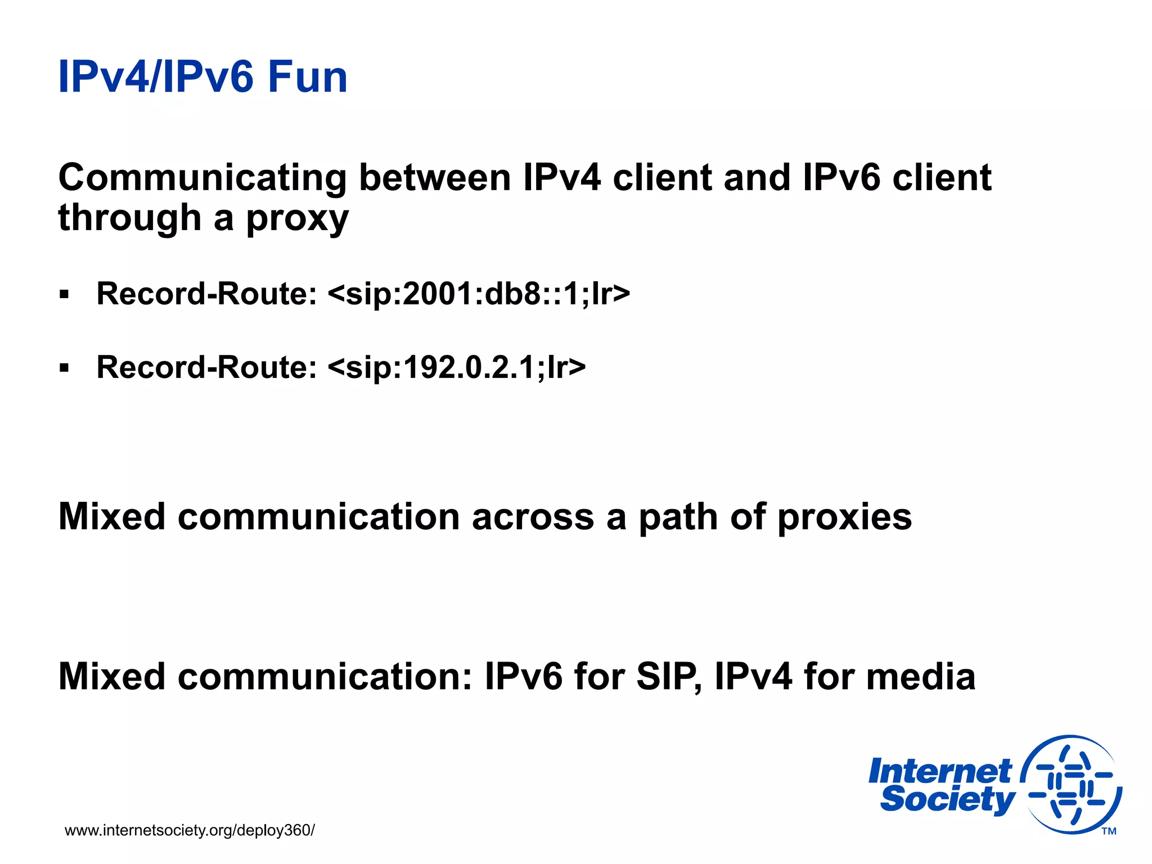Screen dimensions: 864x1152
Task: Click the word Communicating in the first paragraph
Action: [202, 178]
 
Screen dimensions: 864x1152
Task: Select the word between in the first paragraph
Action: [434, 178]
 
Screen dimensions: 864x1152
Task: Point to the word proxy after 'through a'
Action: [298, 218]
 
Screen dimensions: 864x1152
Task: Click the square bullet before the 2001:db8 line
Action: [64, 295]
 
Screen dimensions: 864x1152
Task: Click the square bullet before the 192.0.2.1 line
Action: [64, 368]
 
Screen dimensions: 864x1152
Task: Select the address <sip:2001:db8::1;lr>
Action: [478, 294]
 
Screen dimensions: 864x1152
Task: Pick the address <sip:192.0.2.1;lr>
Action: [456, 367]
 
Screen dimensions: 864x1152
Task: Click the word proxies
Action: [844, 517]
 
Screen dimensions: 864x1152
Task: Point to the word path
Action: [678, 517]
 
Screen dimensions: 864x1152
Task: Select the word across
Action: [532, 517]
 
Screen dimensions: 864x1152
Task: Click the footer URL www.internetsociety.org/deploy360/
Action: [190, 830]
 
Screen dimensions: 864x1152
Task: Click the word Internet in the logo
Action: [939, 771]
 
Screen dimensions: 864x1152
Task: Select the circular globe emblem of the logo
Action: [1071, 784]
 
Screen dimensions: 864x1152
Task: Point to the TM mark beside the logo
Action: [1109, 831]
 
